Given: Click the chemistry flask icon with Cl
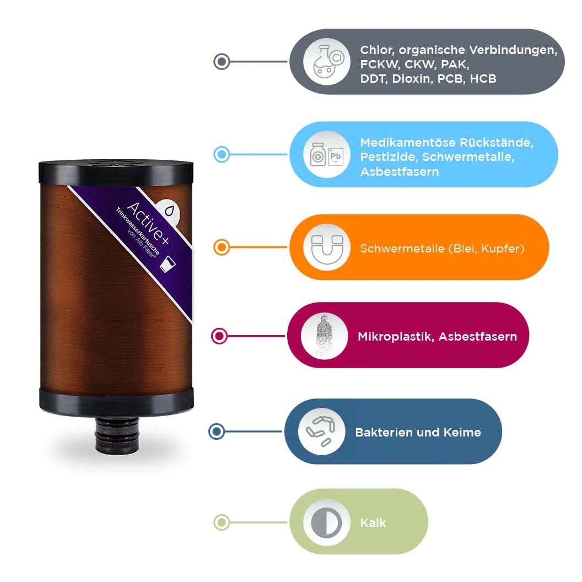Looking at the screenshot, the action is (x=327, y=61).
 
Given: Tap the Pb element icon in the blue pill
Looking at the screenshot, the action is (x=336, y=157).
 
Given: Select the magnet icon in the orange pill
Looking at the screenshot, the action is (x=327, y=247).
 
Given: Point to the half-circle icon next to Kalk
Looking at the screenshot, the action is (x=327, y=522).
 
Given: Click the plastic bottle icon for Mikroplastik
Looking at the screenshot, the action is (x=324, y=336).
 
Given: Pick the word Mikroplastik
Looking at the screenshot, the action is (x=396, y=336).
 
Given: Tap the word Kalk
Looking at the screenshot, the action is (x=373, y=522).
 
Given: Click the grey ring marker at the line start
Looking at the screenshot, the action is (x=222, y=61).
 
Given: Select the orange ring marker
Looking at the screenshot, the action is (x=222, y=247).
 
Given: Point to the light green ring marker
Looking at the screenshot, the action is (x=222, y=522).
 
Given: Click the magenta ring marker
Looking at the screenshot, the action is (x=219, y=336).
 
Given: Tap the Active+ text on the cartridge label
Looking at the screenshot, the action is (x=148, y=223).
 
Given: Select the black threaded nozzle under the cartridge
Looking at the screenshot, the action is (x=117, y=434).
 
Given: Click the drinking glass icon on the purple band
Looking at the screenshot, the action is (x=168, y=263).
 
